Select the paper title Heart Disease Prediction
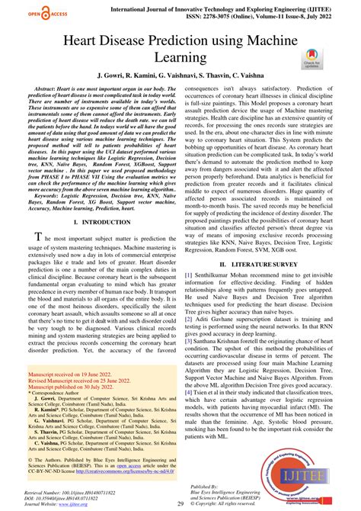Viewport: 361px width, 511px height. click(x=180, y=47)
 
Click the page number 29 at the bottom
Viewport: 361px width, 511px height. click(x=180, y=504)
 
